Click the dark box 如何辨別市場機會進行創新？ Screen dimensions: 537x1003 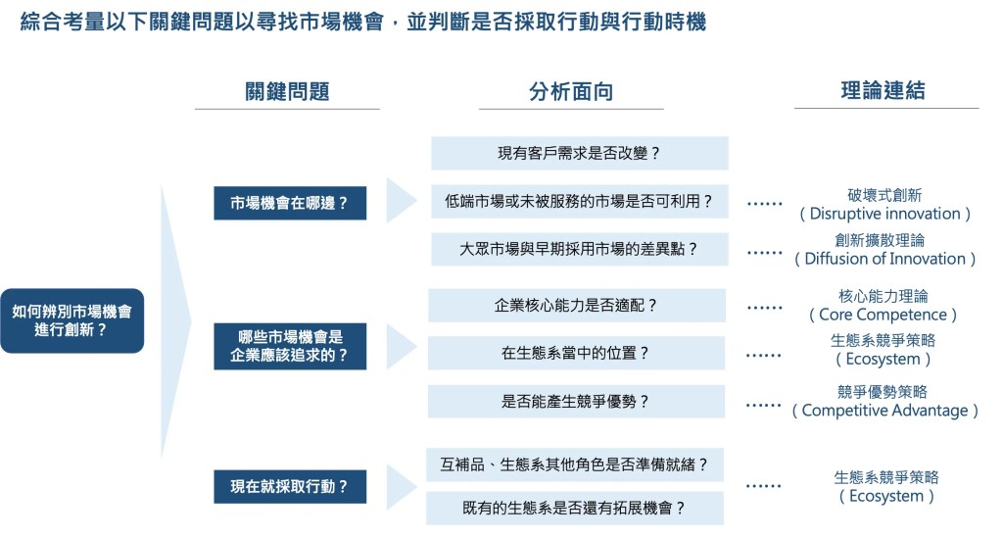pyautogui.click(x=72, y=321)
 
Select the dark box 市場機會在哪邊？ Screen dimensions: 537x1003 pyautogui.click(x=290, y=204)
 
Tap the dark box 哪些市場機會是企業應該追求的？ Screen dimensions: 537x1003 pyautogui.click(x=290, y=346)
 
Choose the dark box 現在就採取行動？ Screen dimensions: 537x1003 pyautogui.click(x=290, y=486)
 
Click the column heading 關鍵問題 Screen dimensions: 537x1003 pyautogui.click(x=287, y=92)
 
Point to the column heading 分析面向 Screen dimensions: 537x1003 pyautogui.click(x=571, y=92)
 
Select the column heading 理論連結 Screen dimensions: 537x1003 pyautogui.click(x=884, y=91)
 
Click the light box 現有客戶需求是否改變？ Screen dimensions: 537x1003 pyautogui.click(x=579, y=154)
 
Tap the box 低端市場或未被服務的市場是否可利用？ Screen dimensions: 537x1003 pyautogui.click(x=579, y=203)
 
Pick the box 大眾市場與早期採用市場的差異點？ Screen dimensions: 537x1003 pyautogui.click(x=579, y=249)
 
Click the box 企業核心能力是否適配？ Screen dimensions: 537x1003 pyautogui.click(x=576, y=305)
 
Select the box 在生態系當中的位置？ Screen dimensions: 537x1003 pyautogui.click(x=576, y=353)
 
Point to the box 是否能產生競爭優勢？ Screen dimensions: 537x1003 pyautogui.click(x=576, y=401)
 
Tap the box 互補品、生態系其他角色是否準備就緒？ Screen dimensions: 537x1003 pyautogui.click(x=575, y=463)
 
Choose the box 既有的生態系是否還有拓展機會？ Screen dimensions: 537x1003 pyautogui.click(x=575, y=508)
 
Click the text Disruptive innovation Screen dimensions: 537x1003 pyautogui.click(x=885, y=214)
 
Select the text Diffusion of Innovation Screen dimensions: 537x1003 pyautogui.click(x=885, y=259)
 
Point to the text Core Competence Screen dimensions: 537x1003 pyautogui.click(x=884, y=315)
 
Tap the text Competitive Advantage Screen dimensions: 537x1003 pyautogui.click(x=885, y=411)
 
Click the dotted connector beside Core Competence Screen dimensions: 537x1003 pyautogui.click(x=764, y=307)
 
